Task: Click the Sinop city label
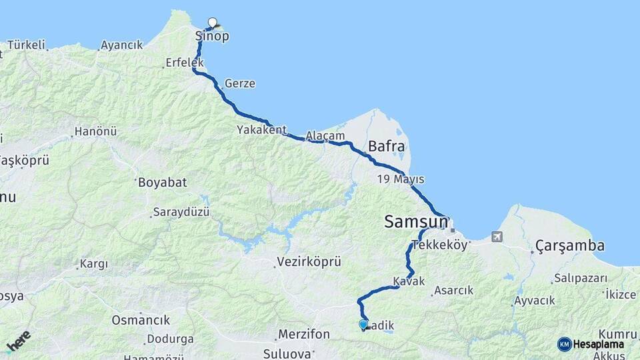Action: [x=211, y=36]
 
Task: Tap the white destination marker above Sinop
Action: [x=213, y=22]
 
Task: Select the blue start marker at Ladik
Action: [x=363, y=324]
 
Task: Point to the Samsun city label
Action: [x=415, y=222]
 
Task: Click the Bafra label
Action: [x=386, y=146]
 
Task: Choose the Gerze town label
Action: [x=240, y=84]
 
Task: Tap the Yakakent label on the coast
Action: [x=261, y=131]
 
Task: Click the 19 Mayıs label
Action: [x=400, y=179]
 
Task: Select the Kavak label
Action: [x=409, y=282]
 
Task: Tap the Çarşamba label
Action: [x=569, y=246]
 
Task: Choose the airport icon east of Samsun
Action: [x=496, y=237]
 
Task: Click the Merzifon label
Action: [x=303, y=333]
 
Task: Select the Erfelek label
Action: [x=183, y=63]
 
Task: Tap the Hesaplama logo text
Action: [x=598, y=344]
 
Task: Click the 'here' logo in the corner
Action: [x=18, y=341]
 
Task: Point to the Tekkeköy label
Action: [x=440, y=245]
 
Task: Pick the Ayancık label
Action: [x=121, y=45]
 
